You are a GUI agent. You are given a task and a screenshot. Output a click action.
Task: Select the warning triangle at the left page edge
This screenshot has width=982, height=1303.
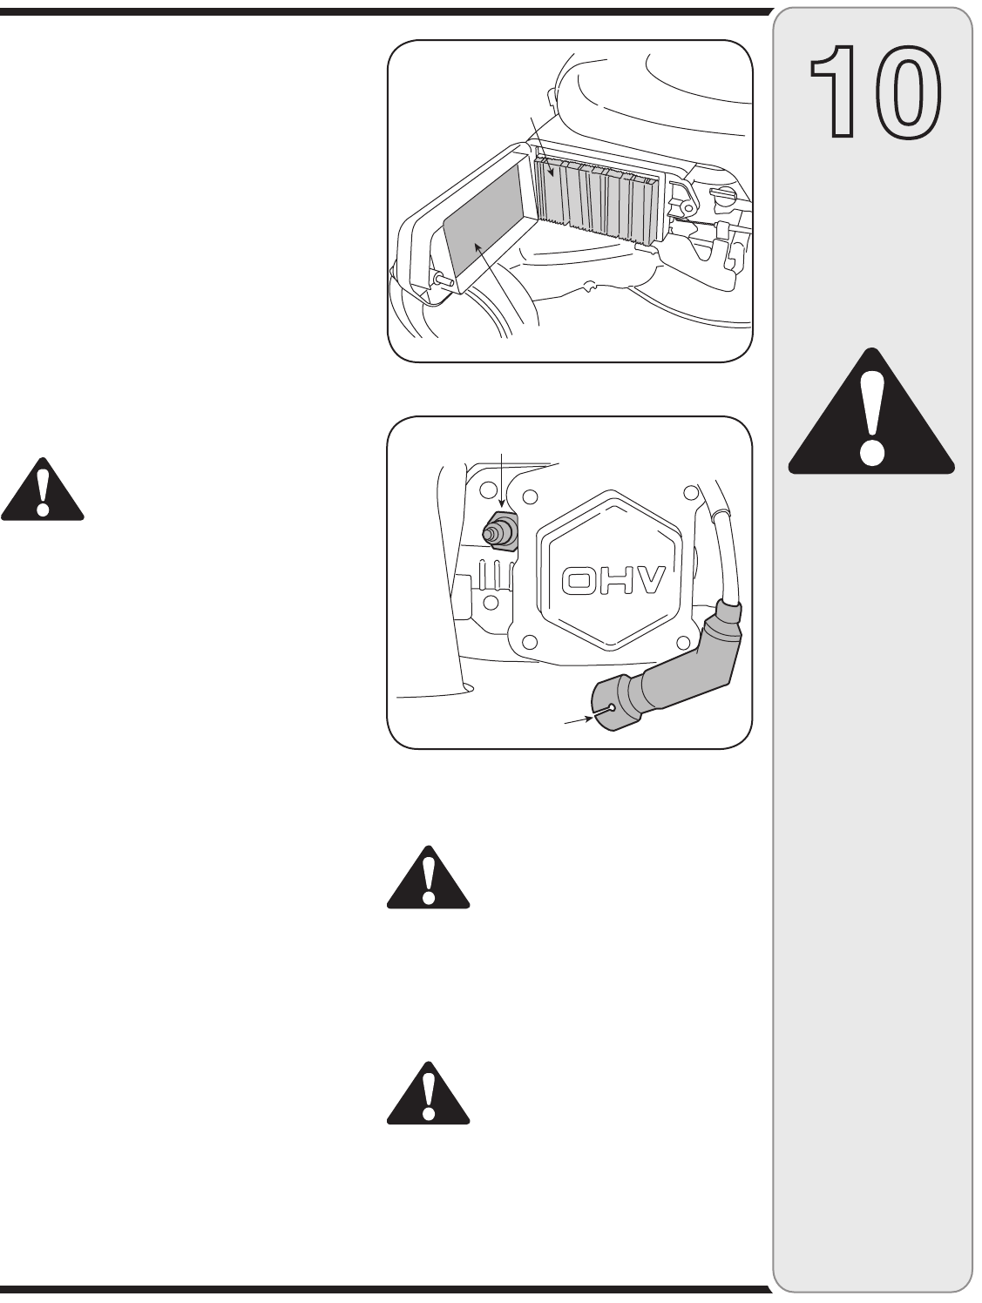click(42, 491)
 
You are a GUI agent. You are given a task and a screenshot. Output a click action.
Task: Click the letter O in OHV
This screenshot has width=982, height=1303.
click(580, 581)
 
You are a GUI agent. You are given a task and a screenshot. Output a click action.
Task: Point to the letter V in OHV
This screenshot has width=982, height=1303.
click(648, 581)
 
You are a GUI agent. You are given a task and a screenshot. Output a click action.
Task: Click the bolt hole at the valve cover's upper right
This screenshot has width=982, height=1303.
click(691, 493)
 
